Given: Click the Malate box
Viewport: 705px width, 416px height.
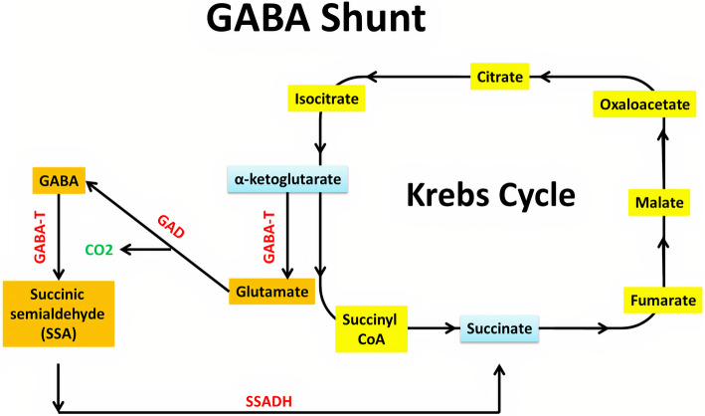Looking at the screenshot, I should click(x=660, y=205).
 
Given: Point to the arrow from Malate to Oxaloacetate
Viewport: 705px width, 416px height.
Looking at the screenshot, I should click(x=661, y=156).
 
